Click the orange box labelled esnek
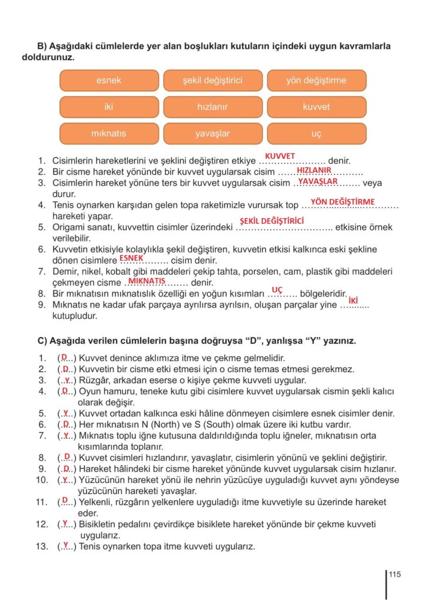tap(109, 80)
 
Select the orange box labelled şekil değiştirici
tap(212, 80)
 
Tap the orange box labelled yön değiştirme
tap(316, 80)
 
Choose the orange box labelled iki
tap(109, 107)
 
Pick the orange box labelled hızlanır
tap(212, 107)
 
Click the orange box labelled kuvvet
tap(316, 107)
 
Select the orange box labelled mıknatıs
tap(109, 134)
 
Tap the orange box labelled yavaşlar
tap(212, 134)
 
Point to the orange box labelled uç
tap(316, 134)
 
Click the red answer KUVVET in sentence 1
tap(280, 156)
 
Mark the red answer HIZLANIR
tap(314, 170)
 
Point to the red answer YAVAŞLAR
tap(317, 181)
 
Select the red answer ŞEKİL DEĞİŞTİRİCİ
tap(272, 221)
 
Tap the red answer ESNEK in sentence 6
tap(131, 257)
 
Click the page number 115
tap(394, 574)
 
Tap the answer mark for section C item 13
tap(66, 546)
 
